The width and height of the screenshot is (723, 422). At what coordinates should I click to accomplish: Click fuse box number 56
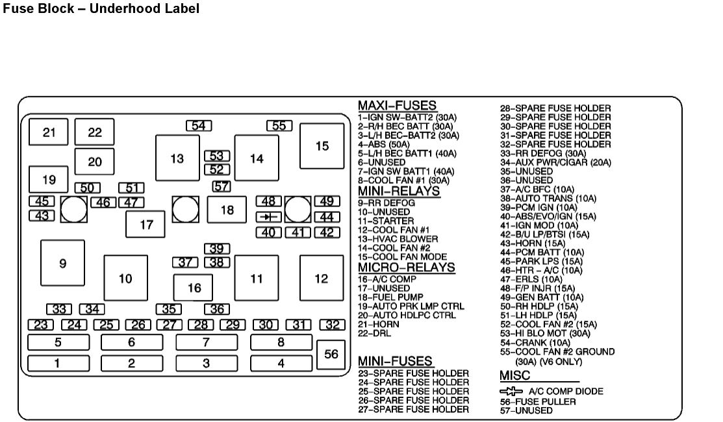(332, 354)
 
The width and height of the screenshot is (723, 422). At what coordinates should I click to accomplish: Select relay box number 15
(322, 146)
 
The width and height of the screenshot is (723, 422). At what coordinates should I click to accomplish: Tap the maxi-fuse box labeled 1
(58, 364)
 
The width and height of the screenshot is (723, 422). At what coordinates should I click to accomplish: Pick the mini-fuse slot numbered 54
(199, 126)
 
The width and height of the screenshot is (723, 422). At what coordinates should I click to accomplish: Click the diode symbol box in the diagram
(268, 217)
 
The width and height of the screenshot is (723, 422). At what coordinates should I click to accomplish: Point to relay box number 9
(62, 264)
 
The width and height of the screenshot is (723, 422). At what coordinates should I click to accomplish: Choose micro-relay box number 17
(146, 225)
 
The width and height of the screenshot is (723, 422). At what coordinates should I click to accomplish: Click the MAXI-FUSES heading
(397, 106)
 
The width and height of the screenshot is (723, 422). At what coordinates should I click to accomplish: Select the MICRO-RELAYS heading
(406, 267)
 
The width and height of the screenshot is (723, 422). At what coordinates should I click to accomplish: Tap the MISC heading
(514, 376)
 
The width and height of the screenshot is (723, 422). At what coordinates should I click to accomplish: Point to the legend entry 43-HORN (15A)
(532, 243)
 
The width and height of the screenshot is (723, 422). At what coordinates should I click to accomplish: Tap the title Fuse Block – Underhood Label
(101, 9)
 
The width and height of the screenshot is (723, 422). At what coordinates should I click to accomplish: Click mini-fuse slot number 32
(332, 325)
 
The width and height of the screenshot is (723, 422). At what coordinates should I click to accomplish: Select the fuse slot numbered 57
(222, 187)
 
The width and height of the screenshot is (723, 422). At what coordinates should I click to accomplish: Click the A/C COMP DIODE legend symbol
(511, 391)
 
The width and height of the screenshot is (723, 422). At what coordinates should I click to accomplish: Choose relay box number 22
(95, 132)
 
